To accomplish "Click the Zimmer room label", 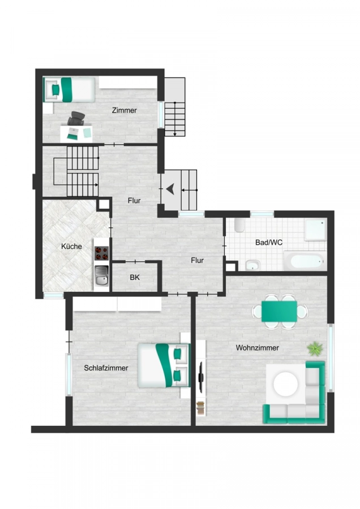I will click(x=124, y=110).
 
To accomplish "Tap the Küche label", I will click(x=72, y=246).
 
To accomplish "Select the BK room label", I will click(x=135, y=278).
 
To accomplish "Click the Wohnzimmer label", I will click(x=258, y=348).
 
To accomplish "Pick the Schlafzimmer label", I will click(x=106, y=368).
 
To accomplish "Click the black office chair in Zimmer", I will click(x=77, y=119).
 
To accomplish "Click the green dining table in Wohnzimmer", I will click(x=279, y=310).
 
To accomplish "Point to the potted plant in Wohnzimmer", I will click(x=314, y=348).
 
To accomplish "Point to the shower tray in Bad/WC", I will click(x=315, y=230).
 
